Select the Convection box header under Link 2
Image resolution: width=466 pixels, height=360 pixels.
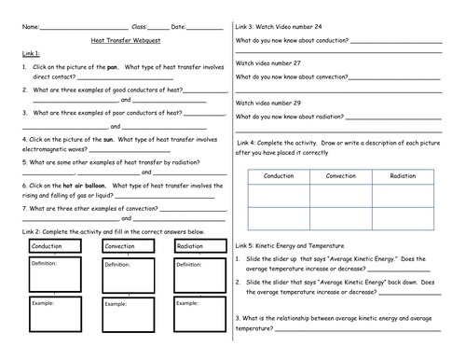[x=120, y=246]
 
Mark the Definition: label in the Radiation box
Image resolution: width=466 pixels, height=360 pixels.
[x=191, y=263]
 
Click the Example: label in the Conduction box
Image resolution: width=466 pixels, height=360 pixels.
[x=44, y=303]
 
